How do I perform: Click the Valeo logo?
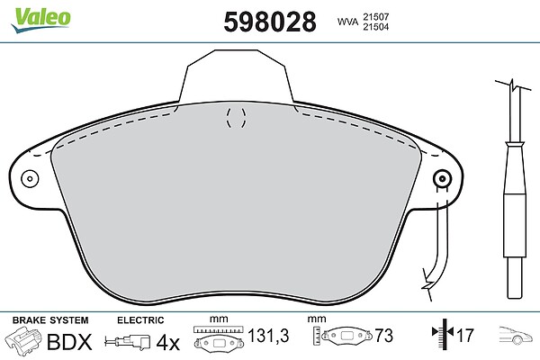coord(40,20)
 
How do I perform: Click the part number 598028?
coord(270,22)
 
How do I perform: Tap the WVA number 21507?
coord(375,16)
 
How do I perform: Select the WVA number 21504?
coord(375,27)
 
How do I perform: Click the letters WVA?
coord(347,22)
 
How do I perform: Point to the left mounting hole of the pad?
coord(30,179)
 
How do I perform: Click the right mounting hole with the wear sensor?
coord(442,179)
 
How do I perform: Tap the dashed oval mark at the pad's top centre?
coord(236,118)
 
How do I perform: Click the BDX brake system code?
coord(69,342)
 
